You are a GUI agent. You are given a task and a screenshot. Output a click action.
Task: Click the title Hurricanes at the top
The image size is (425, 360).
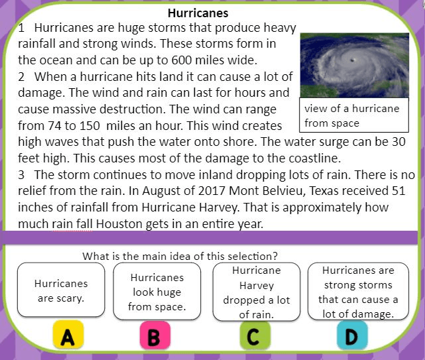pyautogui.click(x=198, y=13)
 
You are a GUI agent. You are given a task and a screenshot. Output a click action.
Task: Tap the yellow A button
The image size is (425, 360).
pyautogui.click(x=68, y=335)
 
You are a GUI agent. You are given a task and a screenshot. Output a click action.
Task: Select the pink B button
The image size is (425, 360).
pyautogui.click(x=155, y=335)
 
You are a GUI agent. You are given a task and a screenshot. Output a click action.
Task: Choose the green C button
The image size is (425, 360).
pyautogui.click(x=255, y=335)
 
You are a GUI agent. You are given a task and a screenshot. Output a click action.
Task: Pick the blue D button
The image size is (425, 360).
pyautogui.click(x=352, y=335)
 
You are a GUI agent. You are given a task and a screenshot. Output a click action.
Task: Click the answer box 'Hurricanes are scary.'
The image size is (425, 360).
pyautogui.click(x=61, y=290)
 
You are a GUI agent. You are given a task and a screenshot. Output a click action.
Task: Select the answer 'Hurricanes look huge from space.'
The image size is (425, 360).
pyautogui.click(x=157, y=292)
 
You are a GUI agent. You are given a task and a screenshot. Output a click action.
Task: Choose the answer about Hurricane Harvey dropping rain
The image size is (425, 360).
pyautogui.click(x=257, y=292)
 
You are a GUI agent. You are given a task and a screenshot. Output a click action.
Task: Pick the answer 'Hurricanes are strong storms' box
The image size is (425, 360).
pyautogui.click(x=358, y=292)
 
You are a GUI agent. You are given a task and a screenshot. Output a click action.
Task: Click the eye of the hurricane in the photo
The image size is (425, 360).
pyautogui.click(x=353, y=60)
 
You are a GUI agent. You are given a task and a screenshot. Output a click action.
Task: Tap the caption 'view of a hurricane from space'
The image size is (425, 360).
pyautogui.click(x=351, y=116)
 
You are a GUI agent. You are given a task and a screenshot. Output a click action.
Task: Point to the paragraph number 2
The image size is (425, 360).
pyautogui.click(x=21, y=77)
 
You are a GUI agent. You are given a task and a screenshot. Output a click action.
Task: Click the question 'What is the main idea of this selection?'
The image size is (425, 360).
pyautogui.click(x=180, y=256)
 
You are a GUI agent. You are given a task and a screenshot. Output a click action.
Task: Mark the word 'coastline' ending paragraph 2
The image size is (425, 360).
pyautogui.click(x=314, y=158)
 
